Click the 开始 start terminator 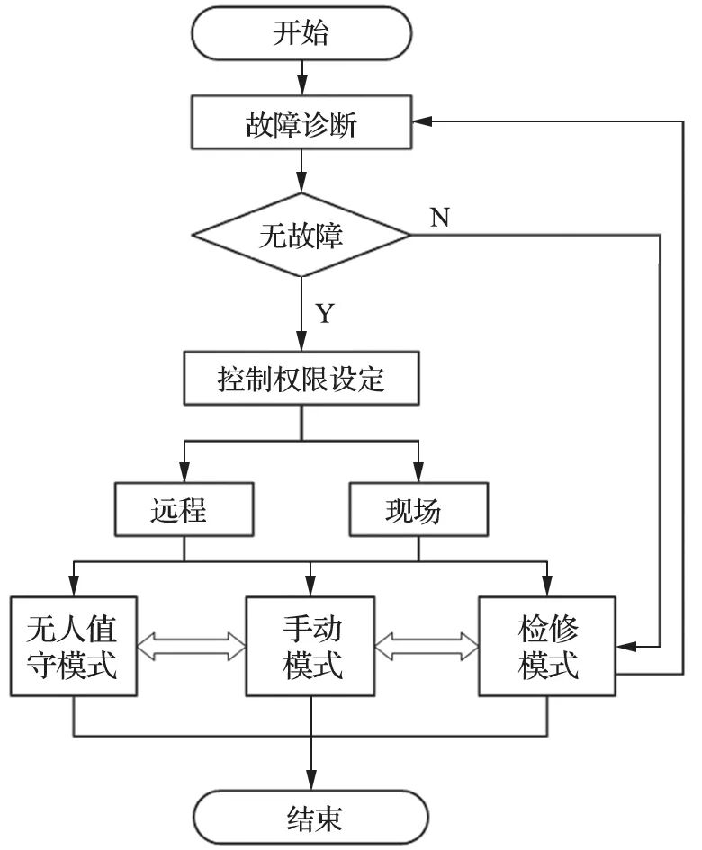pos(301,35)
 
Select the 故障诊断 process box pos(301,123)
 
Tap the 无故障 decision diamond pos(301,237)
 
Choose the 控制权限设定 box pos(301,379)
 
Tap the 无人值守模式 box pos(73,646)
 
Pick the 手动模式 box pos(311,646)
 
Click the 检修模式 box pos(547,646)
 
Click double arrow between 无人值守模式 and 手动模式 pos(193,644)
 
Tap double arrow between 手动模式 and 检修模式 pos(427,644)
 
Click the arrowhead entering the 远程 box pos(184,476)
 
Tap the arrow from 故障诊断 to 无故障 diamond pos(301,171)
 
